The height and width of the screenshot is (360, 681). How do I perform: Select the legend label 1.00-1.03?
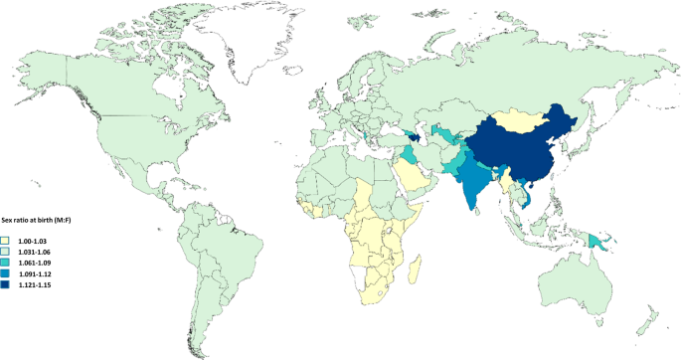34,240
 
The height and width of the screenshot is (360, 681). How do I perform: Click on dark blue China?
517,149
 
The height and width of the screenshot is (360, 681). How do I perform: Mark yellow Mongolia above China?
522,119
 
